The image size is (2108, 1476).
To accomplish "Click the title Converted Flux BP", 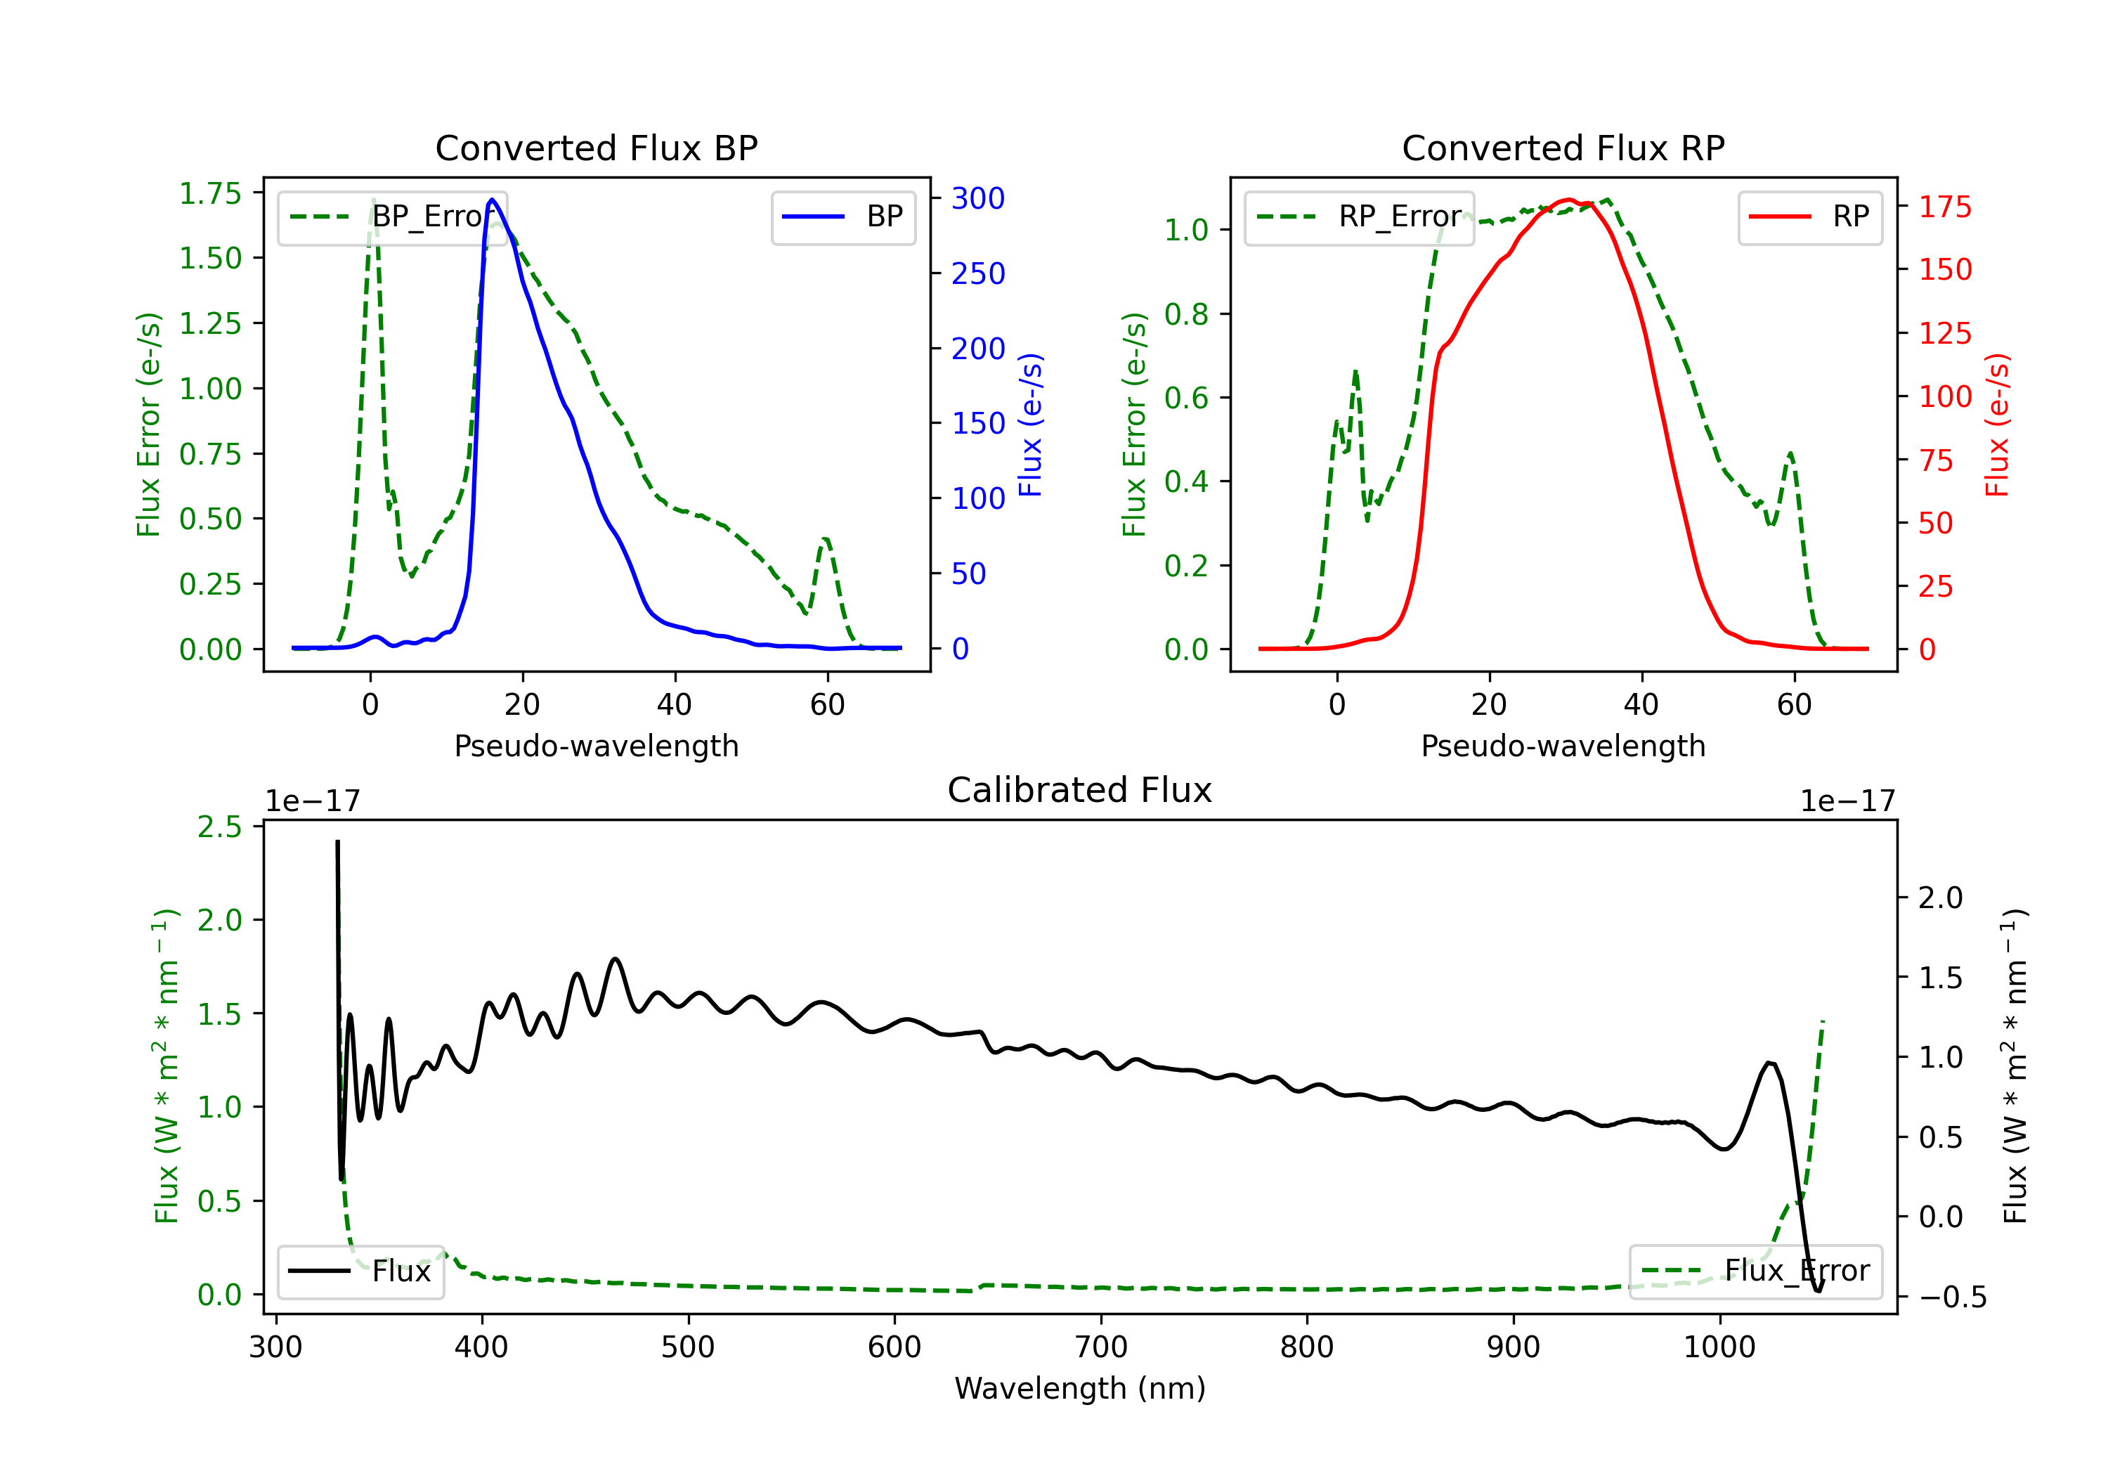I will (596, 148).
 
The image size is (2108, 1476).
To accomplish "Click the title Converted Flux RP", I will (1563, 148).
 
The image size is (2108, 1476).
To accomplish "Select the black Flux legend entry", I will (360, 1271).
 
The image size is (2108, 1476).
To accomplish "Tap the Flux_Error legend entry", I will (1755, 1271).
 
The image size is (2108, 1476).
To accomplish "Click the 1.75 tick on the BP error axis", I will (210, 194).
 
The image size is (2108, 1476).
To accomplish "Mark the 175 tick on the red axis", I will (1944, 207).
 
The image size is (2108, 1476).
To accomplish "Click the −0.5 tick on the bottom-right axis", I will (1952, 1297).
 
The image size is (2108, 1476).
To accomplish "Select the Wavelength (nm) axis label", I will (1080, 1388).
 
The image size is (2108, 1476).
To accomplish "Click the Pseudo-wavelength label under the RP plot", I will (1563, 746).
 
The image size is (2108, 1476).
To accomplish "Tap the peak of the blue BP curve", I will (492, 200).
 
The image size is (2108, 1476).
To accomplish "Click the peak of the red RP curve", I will (1569, 200).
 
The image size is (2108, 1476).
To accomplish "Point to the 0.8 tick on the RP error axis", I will (1185, 314).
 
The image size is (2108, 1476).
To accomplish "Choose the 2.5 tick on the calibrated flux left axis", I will (219, 827).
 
